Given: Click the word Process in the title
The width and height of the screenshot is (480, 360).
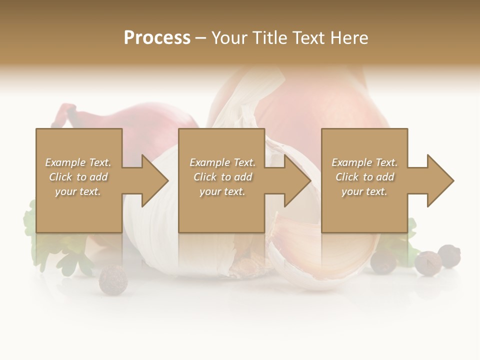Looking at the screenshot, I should pos(157,38).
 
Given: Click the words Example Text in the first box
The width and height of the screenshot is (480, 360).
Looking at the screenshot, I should pos(78,162).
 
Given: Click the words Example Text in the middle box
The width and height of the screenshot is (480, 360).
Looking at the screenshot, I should pos(222,162).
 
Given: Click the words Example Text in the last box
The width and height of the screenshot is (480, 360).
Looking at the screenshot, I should pos(364,162).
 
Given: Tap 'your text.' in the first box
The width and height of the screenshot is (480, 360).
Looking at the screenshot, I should pos(78,191).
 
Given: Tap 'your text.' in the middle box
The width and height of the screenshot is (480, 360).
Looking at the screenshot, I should pos(222,191).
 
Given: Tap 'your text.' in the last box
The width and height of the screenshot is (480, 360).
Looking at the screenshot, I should pos(364,191).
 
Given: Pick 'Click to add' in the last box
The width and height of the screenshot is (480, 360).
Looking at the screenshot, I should pos(364,177).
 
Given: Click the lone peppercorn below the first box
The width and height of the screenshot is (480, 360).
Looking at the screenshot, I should pos(113,279).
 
